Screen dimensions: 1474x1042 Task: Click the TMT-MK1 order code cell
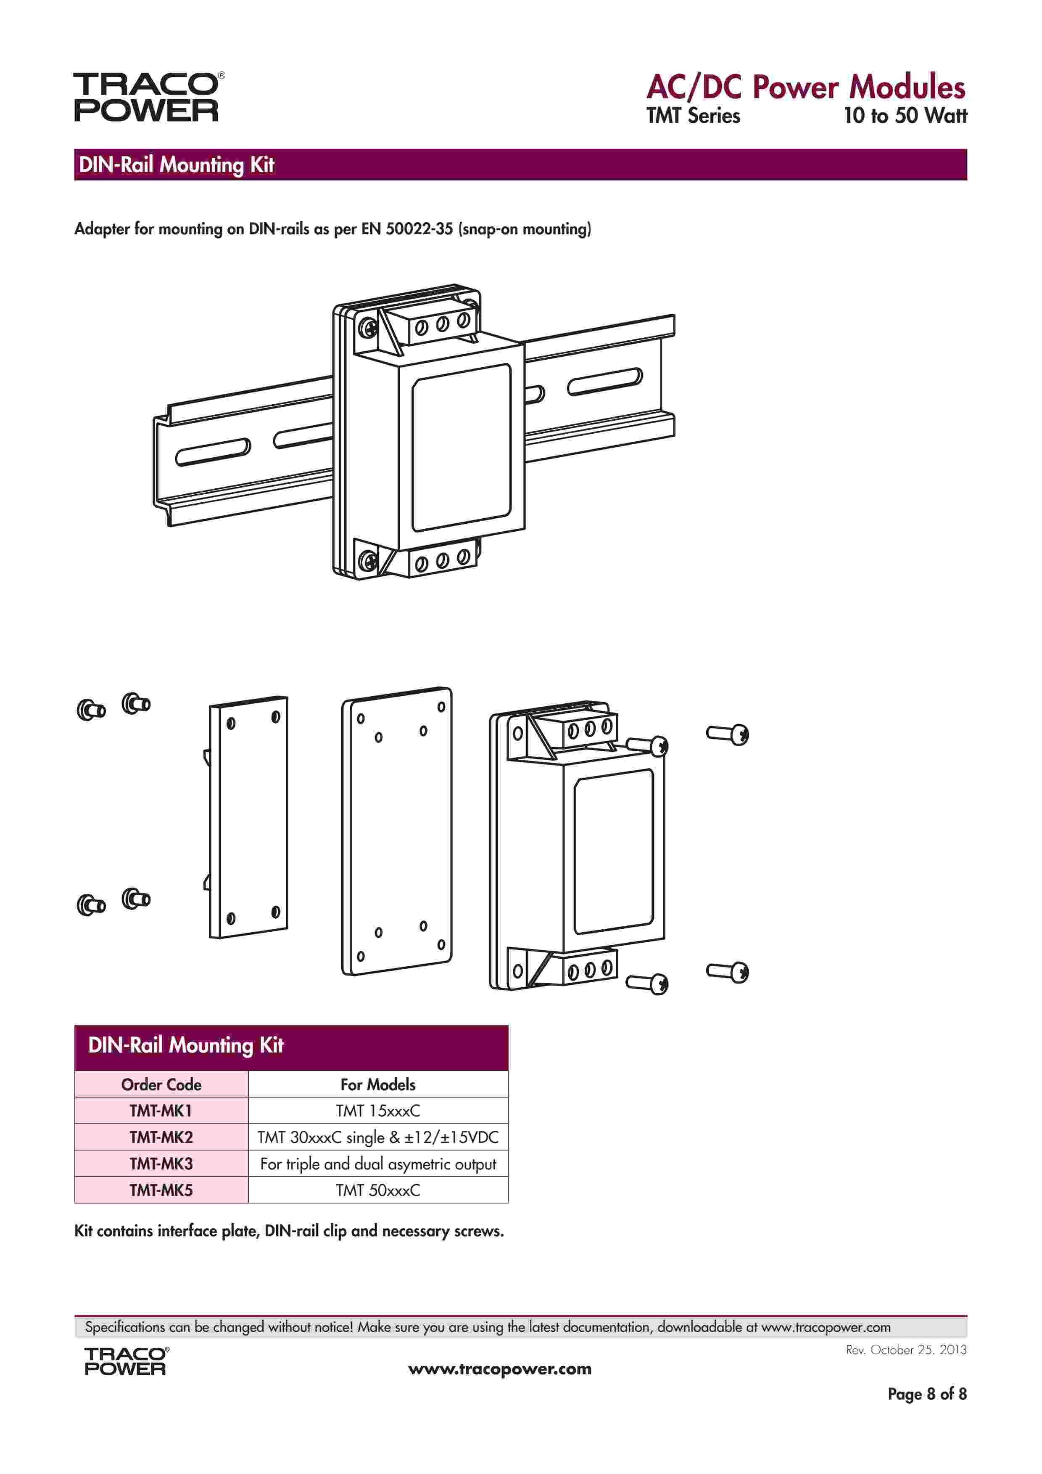(161, 1111)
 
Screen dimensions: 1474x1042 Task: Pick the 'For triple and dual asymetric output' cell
(378, 1164)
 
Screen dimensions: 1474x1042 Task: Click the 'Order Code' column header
(161, 1084)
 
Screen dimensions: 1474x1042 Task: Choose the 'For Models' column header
(378, 1084)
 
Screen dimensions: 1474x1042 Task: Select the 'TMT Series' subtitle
(693, 116)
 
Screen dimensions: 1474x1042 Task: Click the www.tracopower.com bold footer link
(500, 1369)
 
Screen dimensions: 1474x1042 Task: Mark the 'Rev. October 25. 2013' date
(906, 1349)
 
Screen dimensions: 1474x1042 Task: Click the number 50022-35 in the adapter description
(419, 229)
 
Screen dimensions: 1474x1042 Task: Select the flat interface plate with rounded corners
(397, 831)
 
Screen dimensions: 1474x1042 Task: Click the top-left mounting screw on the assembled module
(368, 329)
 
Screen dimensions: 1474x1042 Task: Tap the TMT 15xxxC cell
(378, 1111)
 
